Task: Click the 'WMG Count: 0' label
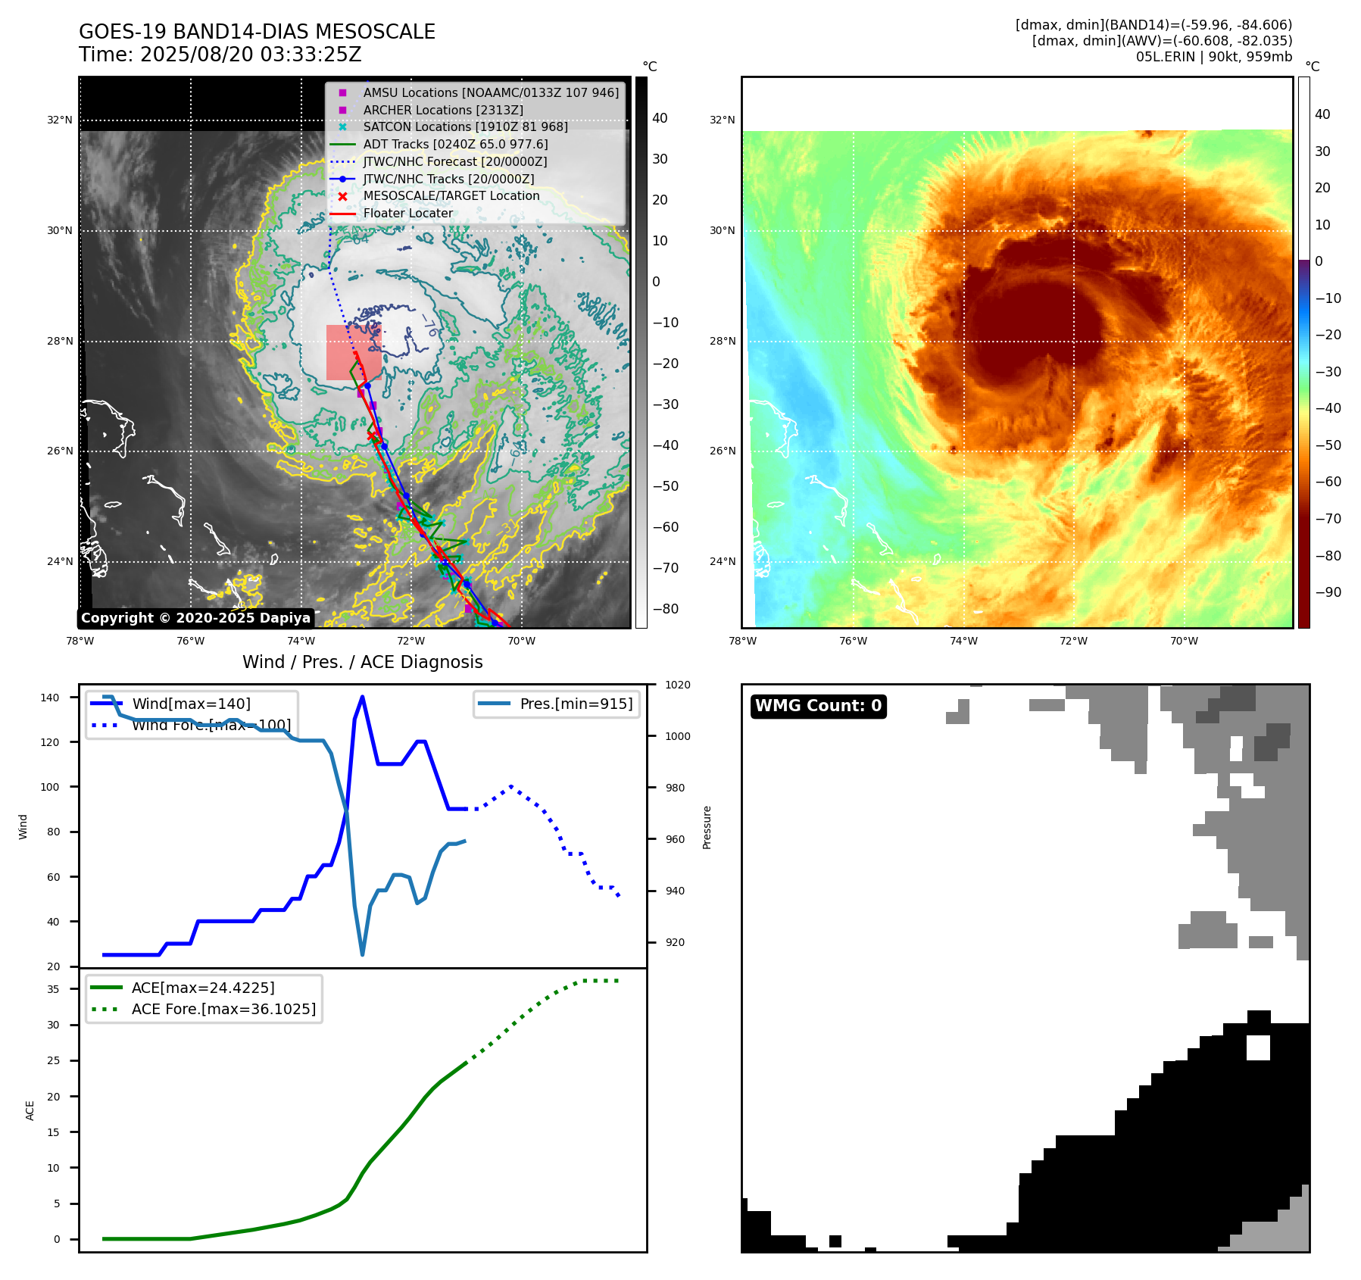(818, 706)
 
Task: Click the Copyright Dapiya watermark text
(195, 618)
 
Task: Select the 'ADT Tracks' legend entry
(455, 144)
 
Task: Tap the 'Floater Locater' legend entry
(407, 213)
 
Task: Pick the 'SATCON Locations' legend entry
(465, 126)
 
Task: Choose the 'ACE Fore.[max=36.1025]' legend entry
(223, 1009)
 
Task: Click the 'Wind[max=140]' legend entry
(191, 704)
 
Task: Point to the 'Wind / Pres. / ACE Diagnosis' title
(362, 662)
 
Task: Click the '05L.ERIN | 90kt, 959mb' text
(1213, 57)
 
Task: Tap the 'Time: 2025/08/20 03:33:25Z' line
(220, 55)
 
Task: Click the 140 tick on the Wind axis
(50, 698)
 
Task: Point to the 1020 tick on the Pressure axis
(677, 685)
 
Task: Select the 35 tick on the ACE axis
(53, 989)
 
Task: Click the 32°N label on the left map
(60, 120)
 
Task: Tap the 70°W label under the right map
(1184, 641)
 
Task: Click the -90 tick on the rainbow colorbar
(1328, 592)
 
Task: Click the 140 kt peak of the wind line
(363, 697)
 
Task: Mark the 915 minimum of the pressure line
(363, 954)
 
